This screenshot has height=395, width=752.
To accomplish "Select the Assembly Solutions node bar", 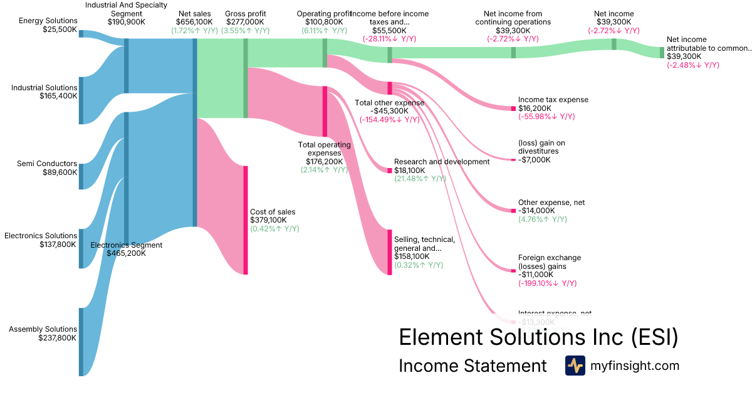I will click(81, 342).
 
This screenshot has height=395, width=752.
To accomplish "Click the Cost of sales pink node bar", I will click(246, 220).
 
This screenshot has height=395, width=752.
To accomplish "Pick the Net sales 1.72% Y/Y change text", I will click(194, 30).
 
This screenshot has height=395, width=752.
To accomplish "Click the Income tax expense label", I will click(553, 100).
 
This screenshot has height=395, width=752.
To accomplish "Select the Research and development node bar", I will click(390, 170).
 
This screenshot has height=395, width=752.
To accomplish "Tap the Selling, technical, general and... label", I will click(424, 243).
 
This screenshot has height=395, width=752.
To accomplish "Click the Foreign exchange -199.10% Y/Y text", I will click(547, 283).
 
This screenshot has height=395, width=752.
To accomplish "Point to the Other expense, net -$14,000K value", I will click(536, 211).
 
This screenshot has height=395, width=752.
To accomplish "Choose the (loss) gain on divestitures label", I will click(541, 147).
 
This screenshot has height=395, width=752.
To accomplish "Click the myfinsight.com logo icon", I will click(575, 366).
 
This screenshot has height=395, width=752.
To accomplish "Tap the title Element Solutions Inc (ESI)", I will click(538, 337).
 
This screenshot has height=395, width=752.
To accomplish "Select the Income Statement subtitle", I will click(473, 366).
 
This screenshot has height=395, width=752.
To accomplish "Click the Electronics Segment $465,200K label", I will click(127, 249).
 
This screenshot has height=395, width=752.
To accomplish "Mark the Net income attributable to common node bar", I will click(662, 52).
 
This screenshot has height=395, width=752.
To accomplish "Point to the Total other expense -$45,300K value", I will click(389, 111).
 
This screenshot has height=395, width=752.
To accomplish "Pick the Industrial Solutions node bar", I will click(81, 100).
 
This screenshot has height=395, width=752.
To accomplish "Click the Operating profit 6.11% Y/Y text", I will click(324, 30).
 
